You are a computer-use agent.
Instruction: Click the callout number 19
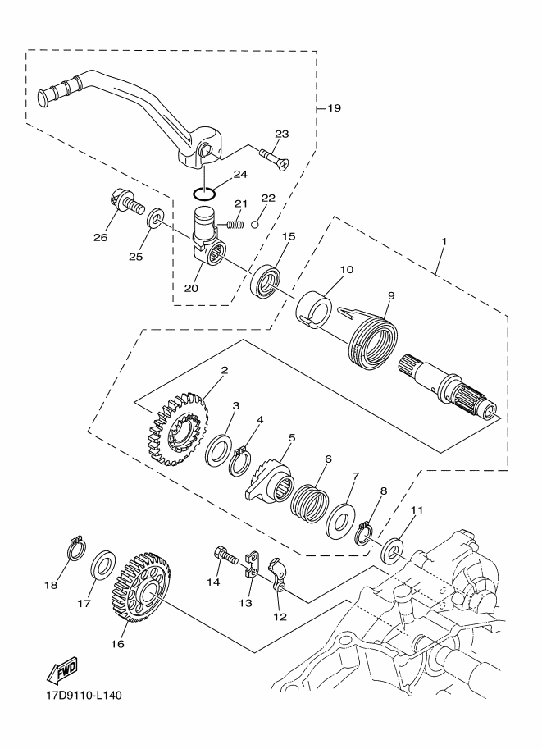pyautogui.click(x=335, y=108)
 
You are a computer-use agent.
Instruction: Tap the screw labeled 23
pyautogui.click(x=275, y=159)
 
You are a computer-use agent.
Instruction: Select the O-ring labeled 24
pyautogui.click(x=204, y=194)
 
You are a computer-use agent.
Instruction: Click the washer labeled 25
pyautogui.click(x=155, y=217)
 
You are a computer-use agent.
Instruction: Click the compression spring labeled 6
pyautogui.click(x=309, y=504)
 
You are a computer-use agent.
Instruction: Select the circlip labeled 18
pyautogui.click(x=75, y=550)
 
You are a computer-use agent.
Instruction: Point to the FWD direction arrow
pyautogui.click(x=61, y=673)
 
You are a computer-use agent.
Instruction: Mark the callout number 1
pyautogui.click(x=444, y=242)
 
